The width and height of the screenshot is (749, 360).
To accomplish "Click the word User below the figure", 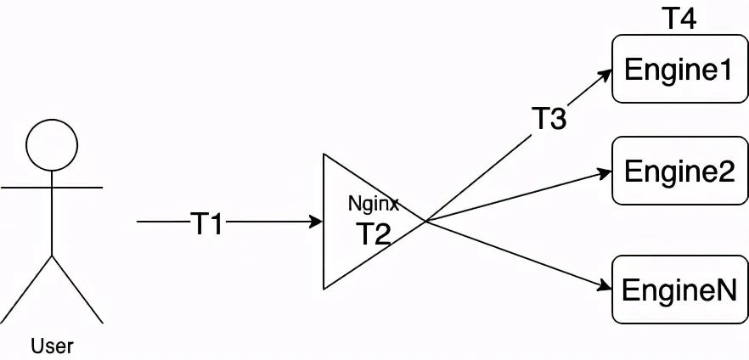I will point(52,346).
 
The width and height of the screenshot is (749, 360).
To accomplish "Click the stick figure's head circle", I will point(52,143).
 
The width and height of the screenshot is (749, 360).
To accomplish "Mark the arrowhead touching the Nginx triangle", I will point(317,222).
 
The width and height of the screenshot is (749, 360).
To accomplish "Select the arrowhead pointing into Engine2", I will point(605,171).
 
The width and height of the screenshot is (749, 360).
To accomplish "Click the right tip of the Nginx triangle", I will point(425,222).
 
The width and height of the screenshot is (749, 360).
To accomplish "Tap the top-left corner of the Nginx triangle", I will point(324,155).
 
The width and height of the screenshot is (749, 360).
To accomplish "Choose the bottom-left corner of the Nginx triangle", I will point(324,290).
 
